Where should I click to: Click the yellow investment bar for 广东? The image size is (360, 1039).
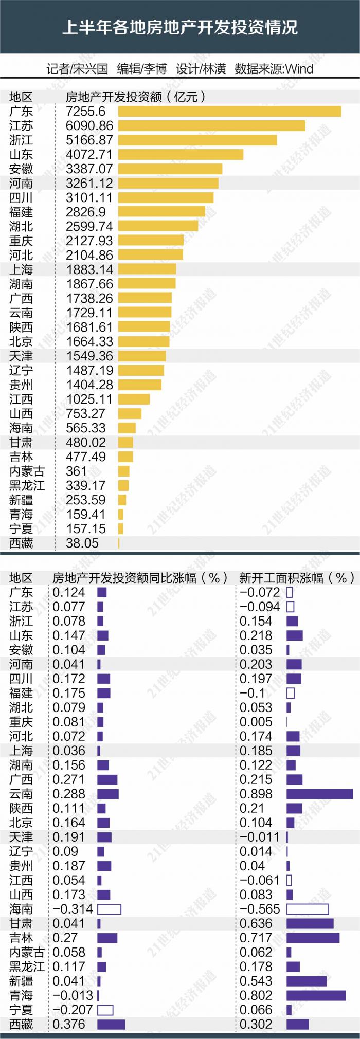click(x=229, y=112)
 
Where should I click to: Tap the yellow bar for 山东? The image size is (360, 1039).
click(x=181, y=155)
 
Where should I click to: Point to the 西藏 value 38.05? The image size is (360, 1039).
click(x=82, y=543)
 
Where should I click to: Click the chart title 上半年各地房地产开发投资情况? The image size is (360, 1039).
click(x=180, y=27)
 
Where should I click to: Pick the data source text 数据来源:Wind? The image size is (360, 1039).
click(x=274, y=69)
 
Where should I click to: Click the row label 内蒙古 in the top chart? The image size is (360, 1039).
click(x=27, y=471)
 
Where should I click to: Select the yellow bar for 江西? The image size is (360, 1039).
click(x=134, y=399)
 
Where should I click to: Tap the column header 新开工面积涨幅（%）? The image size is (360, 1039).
click(x=297, y=578)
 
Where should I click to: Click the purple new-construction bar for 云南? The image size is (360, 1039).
click(x=320, y=794)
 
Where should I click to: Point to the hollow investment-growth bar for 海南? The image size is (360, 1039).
click(x=109, y=909)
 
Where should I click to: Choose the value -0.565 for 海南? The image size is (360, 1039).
click(x=260, y=909)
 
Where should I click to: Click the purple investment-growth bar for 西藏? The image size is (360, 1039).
click(x=111, y=1024)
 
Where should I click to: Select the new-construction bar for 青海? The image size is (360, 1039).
click(x=316, y=995)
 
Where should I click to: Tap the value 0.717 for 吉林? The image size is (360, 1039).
click(x=256, y=938)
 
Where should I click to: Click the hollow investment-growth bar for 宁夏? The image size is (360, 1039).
click(x=105, y=1010)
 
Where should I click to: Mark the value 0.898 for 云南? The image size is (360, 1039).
click(x=256, y=794)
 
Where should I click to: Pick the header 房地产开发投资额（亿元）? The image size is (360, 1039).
click(x=136, y=97)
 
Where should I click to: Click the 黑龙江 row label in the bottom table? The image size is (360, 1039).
click(x=27, y=967)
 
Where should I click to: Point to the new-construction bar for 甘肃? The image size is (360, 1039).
click(x=310, y=923)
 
